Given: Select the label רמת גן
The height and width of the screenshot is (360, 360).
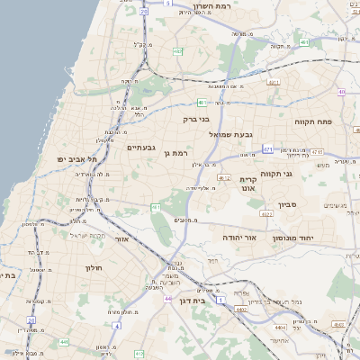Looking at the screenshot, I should tap(179, 153).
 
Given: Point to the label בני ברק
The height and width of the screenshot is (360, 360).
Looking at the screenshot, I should tap(195, 118).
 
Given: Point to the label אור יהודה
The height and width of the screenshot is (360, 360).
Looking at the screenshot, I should tap(240, 237).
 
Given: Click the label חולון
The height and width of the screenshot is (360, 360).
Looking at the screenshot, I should tap(96, 267).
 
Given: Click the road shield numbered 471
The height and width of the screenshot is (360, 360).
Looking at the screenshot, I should tap(268, 148).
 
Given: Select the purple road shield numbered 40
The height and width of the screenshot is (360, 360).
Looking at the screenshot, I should tap(342, 92).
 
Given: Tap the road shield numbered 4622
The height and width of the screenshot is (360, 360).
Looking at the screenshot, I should tap(266, 214).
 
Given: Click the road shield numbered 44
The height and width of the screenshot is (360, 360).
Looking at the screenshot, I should tap(167, 298).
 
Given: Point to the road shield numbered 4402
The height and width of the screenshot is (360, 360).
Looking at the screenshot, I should tap(241, 309).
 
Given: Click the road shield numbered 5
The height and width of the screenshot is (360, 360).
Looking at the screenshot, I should tap(167, 4).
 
